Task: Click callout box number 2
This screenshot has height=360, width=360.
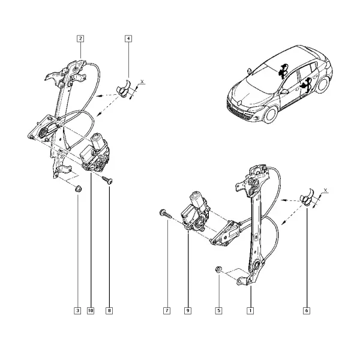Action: tap(80, 38)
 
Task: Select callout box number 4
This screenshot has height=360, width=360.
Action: tap(128, 38)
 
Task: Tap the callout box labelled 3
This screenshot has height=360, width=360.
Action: tap(77, 311)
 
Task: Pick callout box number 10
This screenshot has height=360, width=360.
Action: tap(91, 311)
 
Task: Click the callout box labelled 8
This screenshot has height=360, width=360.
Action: tap(109, 311)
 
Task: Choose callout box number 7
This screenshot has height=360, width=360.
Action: tap(167, 311)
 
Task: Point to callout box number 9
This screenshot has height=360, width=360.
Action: tap(188, 311)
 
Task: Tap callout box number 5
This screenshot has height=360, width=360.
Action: tap(219, 311)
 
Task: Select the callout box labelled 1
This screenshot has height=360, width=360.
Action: tap(250, 311)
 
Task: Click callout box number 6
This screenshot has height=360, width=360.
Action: tap(307, 311)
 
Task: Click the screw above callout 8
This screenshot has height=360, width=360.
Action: tap(107, 180)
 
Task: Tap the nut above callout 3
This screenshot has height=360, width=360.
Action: tap(79, 189)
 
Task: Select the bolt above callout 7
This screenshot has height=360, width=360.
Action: tap(165, 214)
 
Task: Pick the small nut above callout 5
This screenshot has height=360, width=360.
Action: tap(218, 269)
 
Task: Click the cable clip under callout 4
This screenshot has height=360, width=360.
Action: tap(124, 89)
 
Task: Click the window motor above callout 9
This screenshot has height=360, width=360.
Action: tap(196, 212)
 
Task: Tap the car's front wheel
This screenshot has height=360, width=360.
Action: tap(271, 115)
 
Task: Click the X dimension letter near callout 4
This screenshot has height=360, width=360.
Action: tap(142, 82)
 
